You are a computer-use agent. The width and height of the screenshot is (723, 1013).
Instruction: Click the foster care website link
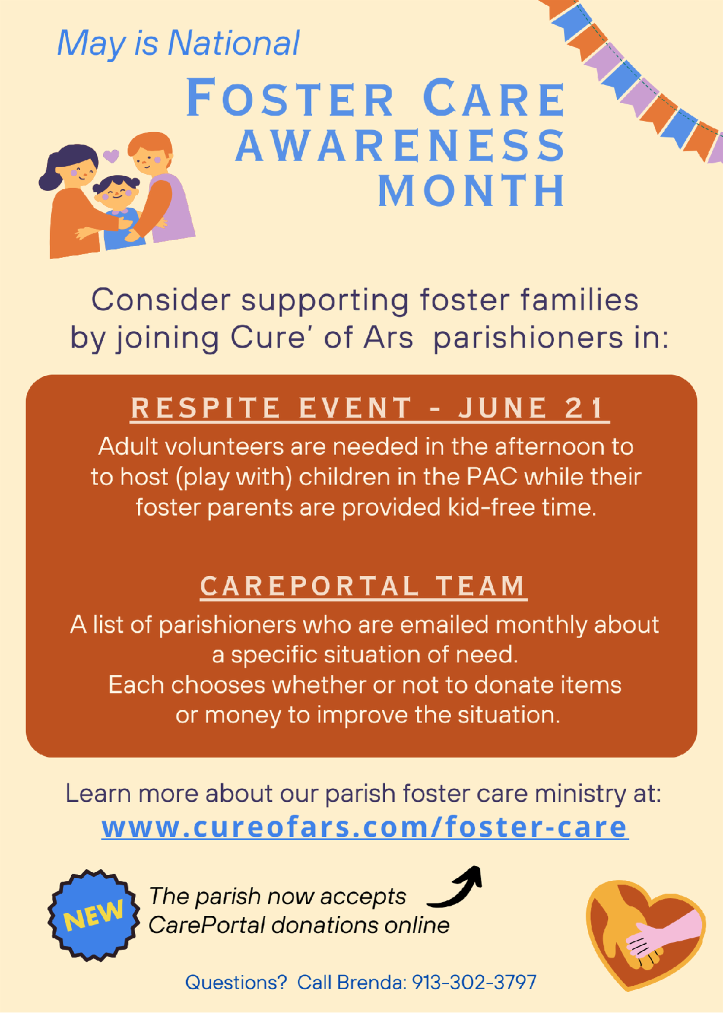[x=365, y=827]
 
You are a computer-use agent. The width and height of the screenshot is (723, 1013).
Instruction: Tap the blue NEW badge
[x=93, y=915]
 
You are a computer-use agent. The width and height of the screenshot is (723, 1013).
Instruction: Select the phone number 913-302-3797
[x=474, y=982]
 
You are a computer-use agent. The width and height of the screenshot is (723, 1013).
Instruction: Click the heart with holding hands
[x=645, y=934]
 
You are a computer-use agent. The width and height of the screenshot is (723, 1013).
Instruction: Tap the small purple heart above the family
[x=111, y=156]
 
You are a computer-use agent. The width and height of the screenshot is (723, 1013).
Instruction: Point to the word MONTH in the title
[x=471, y=191]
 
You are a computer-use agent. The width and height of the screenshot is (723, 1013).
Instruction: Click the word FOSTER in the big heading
[x=290, y=97]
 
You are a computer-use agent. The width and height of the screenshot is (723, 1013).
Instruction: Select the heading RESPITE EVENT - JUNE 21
[x=369, y=408]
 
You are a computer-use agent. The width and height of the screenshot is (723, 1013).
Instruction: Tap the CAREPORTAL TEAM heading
[x=363, y=586]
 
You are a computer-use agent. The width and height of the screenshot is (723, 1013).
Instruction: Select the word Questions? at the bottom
[x=236, y=982]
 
